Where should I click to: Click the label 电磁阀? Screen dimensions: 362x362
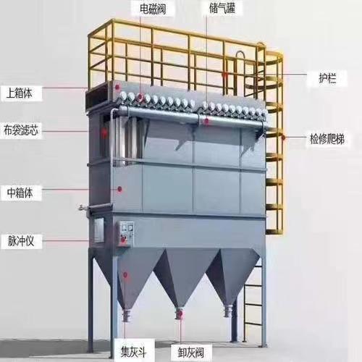[x=153, y=9]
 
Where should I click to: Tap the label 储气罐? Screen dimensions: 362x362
[x=222, y=9]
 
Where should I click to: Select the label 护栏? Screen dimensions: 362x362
[x=327, y=77]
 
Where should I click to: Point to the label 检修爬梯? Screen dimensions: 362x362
[x=327, y=139]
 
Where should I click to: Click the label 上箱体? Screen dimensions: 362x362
[x=20, y=93]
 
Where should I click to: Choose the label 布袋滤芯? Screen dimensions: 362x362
[x=21, y=130]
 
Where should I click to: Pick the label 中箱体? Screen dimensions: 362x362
[x=20, y=193]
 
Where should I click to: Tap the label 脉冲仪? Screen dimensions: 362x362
[x=21, y=241]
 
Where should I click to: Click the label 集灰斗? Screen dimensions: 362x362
[x=133, y=352]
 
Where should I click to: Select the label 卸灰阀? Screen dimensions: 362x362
[x=191, y=353]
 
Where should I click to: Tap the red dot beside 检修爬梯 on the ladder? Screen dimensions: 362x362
[x=283, y=138]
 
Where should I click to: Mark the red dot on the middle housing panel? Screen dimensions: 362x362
[x=119, y=189]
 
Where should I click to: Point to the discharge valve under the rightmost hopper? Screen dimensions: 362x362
[x=228, y=311]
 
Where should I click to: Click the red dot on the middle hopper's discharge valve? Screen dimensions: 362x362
[x=180, y=313]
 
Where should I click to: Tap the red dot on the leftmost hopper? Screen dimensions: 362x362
[x=125, y=274]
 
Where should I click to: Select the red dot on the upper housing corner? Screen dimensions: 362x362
[x=118, y=86]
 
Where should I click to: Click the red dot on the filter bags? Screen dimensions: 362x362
[x=104, y=132]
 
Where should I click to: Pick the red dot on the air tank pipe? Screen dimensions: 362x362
[x=206, y=122]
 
